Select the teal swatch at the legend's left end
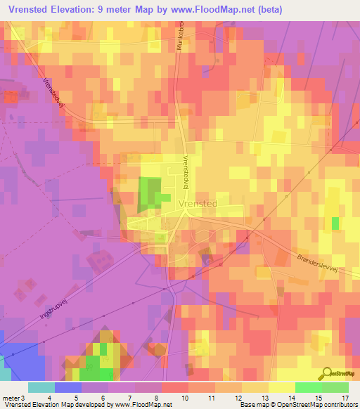[41, 387]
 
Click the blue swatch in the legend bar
[67, 387]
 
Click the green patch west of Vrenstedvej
[150, 193]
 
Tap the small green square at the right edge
[335, 223]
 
